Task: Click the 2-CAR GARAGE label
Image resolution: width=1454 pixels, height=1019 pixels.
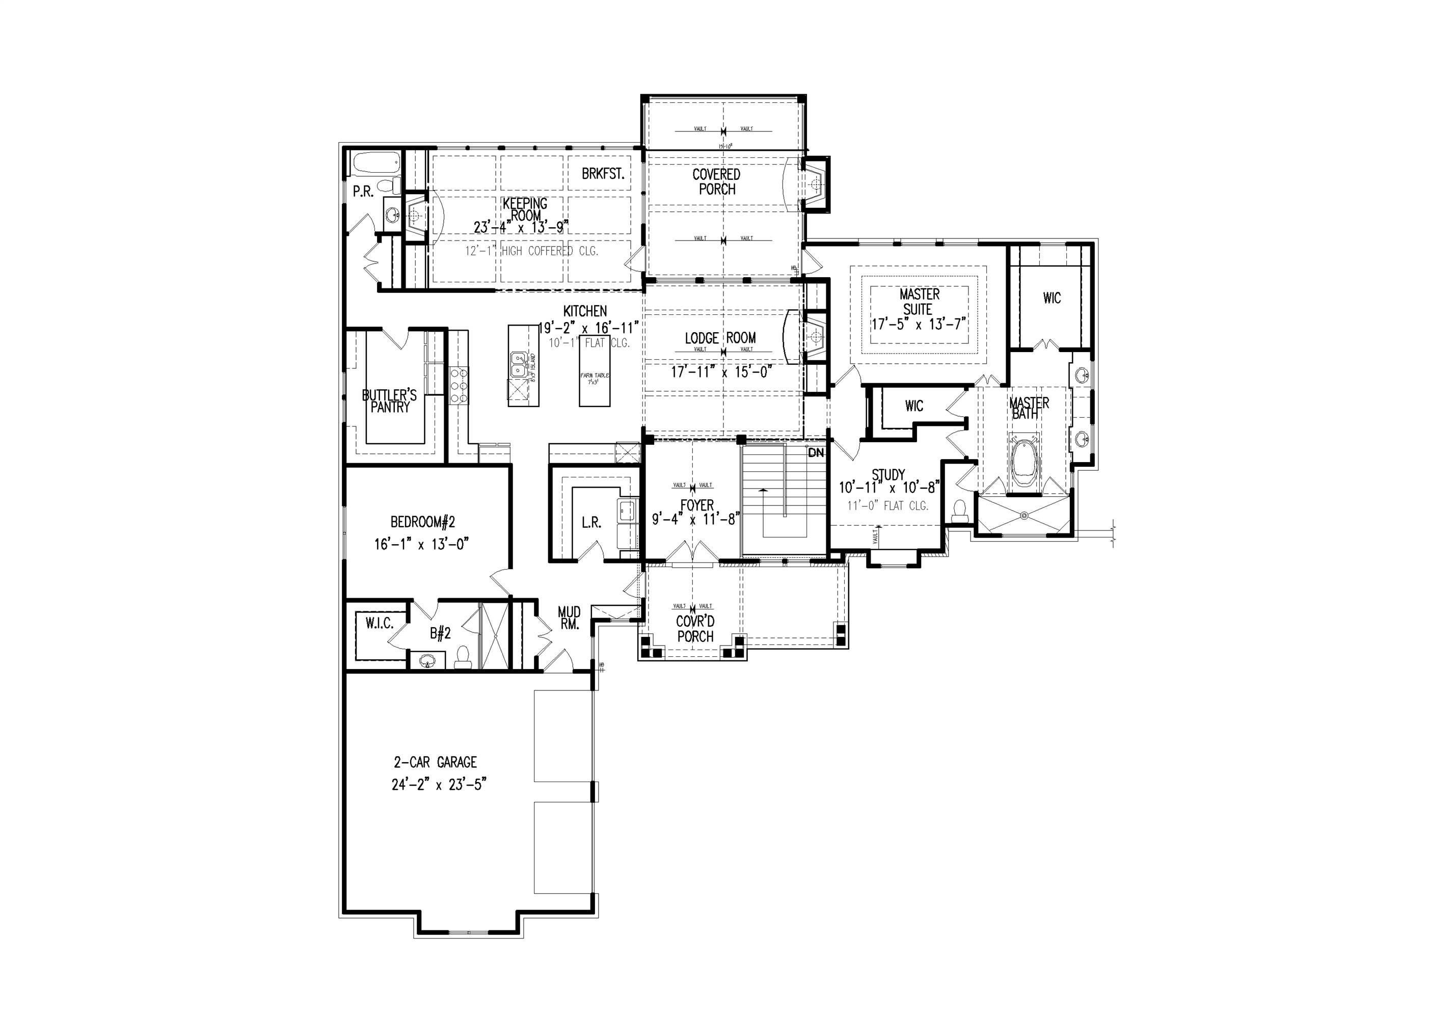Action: tap(435, 763)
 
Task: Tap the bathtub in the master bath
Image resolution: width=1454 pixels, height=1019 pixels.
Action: tap(1025, 464)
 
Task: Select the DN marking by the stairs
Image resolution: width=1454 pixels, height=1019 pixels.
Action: tap(816, 453)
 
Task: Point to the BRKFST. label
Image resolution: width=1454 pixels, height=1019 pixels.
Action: tap(603, 174)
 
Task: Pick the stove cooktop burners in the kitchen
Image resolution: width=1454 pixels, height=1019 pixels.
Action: tap(459, 385)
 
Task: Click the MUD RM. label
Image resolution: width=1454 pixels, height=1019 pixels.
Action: tap(569, 618)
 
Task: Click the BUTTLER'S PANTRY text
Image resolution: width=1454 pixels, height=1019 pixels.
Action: tap(389, 401)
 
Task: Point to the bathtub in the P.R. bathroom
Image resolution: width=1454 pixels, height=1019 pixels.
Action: tap(374, 164)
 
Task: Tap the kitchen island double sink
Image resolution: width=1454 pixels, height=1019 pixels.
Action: tap(519, 364)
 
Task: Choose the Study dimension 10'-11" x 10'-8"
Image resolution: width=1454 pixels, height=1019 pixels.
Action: tap(888, 488)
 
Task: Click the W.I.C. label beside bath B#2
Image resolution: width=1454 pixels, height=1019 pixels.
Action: tap(380, 623)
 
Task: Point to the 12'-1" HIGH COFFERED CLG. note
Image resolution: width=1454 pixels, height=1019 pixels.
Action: tap(532, 251)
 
